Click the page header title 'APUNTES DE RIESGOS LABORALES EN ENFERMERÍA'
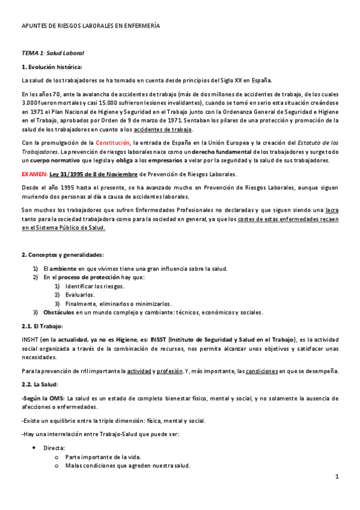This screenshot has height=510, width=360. pyautogui.click(x=91, y=26)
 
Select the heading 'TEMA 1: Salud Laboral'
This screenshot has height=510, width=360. pyautogui.click(x=52, y=53)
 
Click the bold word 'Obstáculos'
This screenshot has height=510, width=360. pyautogui.click(x=59, y=313)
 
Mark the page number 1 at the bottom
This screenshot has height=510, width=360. pyautogui.click(x=337, y=477)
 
